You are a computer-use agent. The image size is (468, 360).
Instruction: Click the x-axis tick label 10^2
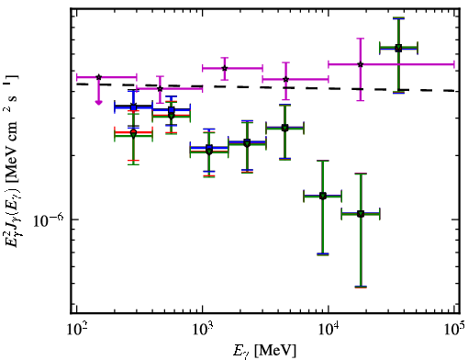pyautogui.click(x=76, y=330)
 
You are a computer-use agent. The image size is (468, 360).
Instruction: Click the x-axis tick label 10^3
pyautogui.click(x=203, y=330)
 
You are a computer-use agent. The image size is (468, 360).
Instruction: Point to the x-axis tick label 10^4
pyautogui.click(x=329, y=330)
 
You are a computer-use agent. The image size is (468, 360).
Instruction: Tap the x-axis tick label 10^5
pyautogui.click(x=454, y=330)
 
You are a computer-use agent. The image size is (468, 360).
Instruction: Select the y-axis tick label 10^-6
pyautogui.click(x=49, y=219)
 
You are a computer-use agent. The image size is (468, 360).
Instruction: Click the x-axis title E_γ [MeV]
pyautogui.click(x=264, y=351)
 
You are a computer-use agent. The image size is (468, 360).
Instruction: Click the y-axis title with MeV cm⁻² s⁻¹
pyautogui.click(x=12, y=161)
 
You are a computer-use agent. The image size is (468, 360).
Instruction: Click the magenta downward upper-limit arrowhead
pyautogui.click(x=98, y=102)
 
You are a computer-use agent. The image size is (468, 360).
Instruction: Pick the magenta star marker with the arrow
pyautogui.click(x=98, y=77)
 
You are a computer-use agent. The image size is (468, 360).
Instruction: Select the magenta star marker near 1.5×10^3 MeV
pyautogui.click(x=225, y=68)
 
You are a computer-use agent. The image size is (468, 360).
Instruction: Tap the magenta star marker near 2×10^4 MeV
pyautogui.click(x=361, y=64)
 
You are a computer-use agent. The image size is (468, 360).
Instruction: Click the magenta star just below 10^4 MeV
pyautogui.click(x=285, y=79)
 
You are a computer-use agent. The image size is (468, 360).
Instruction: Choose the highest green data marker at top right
pyautogui.click(x=398, y=48)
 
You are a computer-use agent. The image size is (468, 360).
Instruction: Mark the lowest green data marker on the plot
pyautogui.click(x=361, y=214)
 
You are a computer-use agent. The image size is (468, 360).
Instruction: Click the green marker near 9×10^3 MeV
pyautogui.click(x=323, y=196)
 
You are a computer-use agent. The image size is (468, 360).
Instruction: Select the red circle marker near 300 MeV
pyautogui.click(x=133, y=132)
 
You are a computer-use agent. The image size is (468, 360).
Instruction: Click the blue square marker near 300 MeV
pyautogui.click(x=133, y=107)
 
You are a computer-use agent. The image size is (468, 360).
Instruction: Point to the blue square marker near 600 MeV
pyautogui.click(x=172, y=110)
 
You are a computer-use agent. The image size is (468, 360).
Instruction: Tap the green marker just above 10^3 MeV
pyautogui.click(x=209, y=152)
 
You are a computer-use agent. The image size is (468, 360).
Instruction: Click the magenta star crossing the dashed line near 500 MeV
pyautogui.click(x=160, y=89)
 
